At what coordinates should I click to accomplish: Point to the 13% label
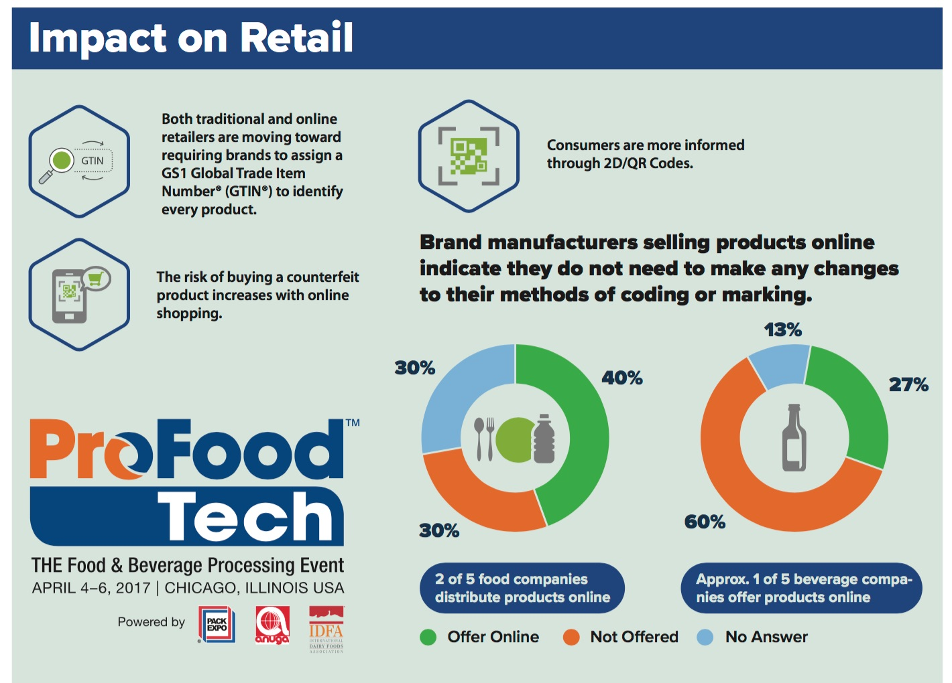[x=782, y=330]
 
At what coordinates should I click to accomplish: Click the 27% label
[x=908, y=384]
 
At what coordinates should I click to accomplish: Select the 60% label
[x=705, y=522]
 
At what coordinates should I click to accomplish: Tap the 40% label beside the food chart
[x=622, y=378]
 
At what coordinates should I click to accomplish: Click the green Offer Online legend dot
[x=428, y=637]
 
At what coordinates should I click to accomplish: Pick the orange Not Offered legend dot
[x=571, y=637]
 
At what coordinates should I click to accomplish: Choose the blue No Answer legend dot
[x=705, y=637]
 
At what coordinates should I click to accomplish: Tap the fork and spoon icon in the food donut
[x=485, y=439]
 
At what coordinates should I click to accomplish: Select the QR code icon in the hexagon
[x=469, y=156]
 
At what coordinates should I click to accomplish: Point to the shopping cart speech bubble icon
[x=96, y=279]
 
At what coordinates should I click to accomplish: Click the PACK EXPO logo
[x=217, y=625]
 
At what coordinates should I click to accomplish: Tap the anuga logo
[x=272, y=625]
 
